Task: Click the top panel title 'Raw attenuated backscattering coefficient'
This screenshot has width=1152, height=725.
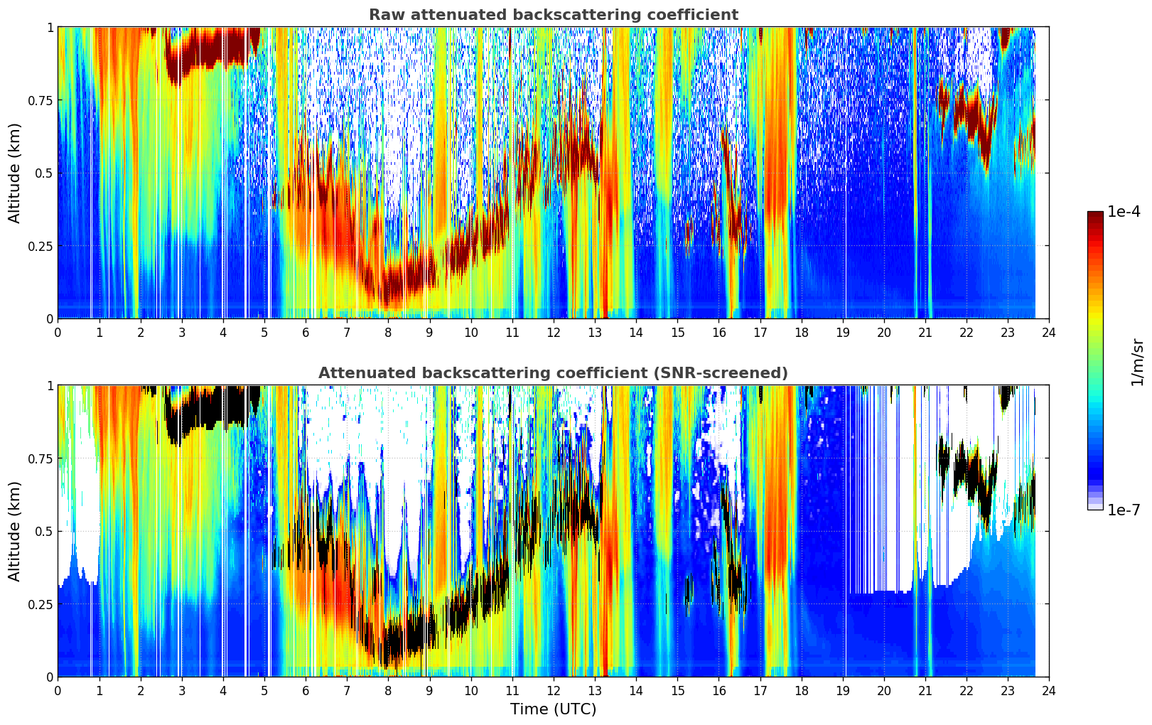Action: tap(554, 14)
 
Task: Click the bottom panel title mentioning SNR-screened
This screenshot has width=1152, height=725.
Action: tap(554, 372)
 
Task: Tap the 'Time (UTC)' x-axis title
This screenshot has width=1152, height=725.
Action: tap(554, 709)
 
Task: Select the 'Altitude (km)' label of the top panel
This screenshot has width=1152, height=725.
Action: tap(14, 173)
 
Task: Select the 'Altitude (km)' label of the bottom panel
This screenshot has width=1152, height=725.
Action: tap(14, 531)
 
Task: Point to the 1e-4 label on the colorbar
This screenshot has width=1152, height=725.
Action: tap(1124, 211)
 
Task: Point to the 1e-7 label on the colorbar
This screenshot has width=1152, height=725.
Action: tap(1124, 510)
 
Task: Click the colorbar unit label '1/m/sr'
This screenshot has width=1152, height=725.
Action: tap(1137, 362)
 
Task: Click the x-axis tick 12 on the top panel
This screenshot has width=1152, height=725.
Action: tap(554, 333)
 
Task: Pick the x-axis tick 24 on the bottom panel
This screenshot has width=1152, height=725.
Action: tap(1049, 691)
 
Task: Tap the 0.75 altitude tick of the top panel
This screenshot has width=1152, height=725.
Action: tap(40, 100)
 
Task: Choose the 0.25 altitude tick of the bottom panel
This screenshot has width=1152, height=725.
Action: tap(40, 604)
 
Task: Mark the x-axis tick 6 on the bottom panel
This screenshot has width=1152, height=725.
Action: tap(306, 691)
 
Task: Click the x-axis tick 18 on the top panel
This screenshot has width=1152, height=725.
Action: tap(801, 333)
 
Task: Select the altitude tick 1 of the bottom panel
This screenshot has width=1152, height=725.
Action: tap(50, 386)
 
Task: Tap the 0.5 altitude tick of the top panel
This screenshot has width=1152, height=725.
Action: tap(44, 173)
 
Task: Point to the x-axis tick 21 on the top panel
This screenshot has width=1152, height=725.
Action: tap(925, 333)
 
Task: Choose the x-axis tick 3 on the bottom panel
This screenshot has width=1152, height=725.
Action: tap(181, 691)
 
